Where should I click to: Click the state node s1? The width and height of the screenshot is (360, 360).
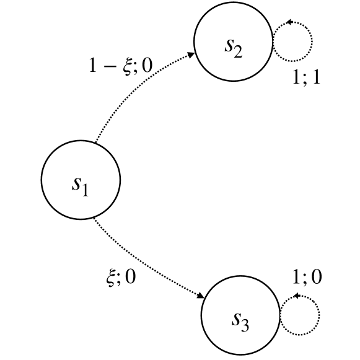click(x=80, y=181)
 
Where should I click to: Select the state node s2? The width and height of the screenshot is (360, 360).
click(x=233, y=42)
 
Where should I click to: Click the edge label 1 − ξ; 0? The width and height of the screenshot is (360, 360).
click(x=120, y=67)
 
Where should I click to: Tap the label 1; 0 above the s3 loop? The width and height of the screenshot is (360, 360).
click(x=308, y=277)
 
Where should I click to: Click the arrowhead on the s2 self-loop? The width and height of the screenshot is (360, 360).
click(x=288, y=22)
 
